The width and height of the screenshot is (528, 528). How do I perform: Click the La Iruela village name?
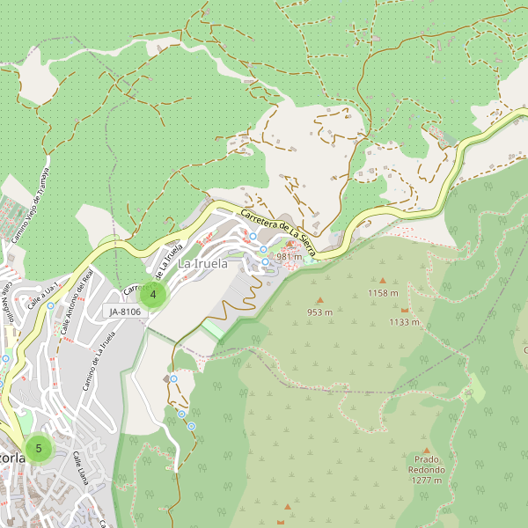(203, 263)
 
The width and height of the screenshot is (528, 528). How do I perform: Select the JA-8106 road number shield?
(125, 312)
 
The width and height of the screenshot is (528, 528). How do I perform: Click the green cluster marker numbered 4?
(153, 295)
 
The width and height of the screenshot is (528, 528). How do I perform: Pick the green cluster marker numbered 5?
(39, 448)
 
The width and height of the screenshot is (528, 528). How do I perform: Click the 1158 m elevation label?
(383, 293)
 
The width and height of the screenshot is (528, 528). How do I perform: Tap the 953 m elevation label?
(319, 312)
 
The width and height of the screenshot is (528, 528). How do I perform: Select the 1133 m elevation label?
(404, 322)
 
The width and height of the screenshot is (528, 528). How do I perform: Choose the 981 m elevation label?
(289, 256)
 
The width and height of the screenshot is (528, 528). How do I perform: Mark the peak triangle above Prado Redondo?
(426, 450)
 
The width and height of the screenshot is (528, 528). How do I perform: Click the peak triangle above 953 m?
(319, 300)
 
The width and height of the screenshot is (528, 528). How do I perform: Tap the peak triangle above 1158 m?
(383, 281)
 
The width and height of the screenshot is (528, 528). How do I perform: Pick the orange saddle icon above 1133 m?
(404, 310)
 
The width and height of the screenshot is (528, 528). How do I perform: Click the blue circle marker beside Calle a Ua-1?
(51, 306)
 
